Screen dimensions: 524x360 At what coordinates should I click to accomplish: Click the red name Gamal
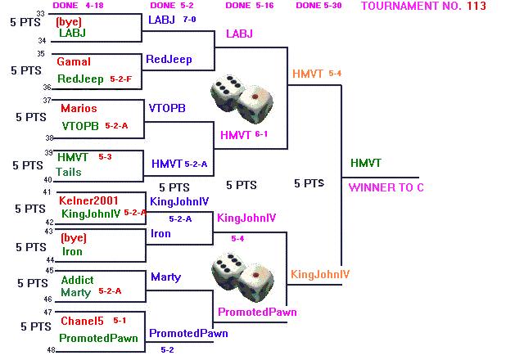pyautogui.click(x=74, y=62)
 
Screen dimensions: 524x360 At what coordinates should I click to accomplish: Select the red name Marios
pyautogui.click(x=79, y=108)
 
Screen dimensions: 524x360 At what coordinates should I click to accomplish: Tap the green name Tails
pyautogui.click(x=69, y=172)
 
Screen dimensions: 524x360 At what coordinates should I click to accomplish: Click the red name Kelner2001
pyautogui.click(x=88, y=200)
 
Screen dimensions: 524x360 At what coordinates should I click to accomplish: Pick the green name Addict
pyautogui.click(x=77, y=280)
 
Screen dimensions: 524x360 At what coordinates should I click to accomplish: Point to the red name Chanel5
pyautogui.click(x=82, y=321)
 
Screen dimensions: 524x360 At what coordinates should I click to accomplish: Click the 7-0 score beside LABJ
pyautogui.click(x=189, y=20)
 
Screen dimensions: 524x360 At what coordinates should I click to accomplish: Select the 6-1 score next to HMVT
pyautogui.click(x=261, y=134)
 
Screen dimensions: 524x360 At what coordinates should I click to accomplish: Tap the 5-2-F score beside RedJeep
pyautogui.click(x=120, y=79)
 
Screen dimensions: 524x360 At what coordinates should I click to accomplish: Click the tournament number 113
pyautogui.click(x=477, y=6)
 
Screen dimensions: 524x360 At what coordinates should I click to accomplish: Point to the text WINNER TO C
pyautogui.click(x=386, y=187)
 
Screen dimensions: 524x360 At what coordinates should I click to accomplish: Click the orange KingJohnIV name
pyautogui.click(x=320, y=274)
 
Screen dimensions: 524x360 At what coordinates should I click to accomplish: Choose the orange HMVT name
pyautogui.click(x=308, y=74)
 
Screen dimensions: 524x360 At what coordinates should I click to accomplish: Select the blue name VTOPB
pyautogui.click(x=167, y=108)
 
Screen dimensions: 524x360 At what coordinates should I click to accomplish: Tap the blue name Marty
pyautogui.click(x=165, y=277)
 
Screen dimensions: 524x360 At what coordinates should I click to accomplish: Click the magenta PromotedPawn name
pyautogui.click(x=257, y=312)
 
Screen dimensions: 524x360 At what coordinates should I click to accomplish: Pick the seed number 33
pyautogui.click(x=40, y=13)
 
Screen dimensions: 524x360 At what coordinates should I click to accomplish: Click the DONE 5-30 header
pyautogui.click(x=318, y=6)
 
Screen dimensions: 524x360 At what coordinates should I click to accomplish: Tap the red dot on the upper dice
pyautogui.click(x=255, y=97)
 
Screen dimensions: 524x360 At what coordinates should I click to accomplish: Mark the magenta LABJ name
pyautogui.click(x=239, y=34)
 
